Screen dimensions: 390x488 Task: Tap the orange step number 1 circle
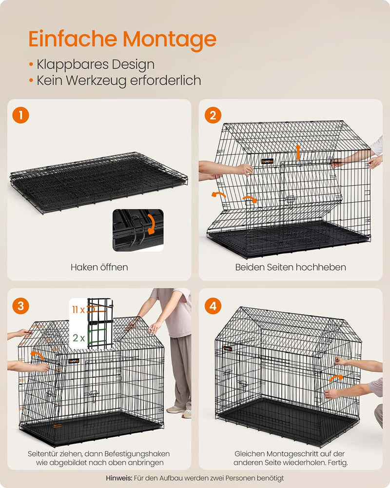21,115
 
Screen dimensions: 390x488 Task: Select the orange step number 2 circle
213,115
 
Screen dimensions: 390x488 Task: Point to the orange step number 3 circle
21,305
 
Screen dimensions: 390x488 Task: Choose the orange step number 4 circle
213,305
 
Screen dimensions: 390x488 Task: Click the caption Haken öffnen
99,267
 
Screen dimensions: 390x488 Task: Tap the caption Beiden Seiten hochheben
291,267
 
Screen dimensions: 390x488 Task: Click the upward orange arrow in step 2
298,152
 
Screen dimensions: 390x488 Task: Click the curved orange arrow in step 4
336,378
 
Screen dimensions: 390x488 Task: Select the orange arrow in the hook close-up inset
151,224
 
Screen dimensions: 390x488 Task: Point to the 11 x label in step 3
78,310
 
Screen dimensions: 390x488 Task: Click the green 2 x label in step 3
78,338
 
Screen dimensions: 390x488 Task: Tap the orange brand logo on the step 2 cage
267,161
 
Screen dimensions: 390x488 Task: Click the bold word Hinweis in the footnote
119,478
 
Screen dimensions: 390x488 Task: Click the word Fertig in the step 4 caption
337,463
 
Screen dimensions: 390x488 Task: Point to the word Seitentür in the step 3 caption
41,454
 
